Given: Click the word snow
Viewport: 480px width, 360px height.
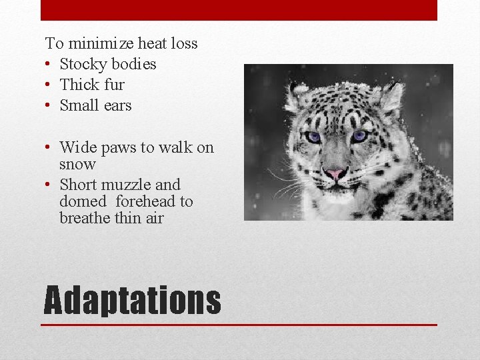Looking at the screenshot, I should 77,164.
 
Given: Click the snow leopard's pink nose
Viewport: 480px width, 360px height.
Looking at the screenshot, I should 335,173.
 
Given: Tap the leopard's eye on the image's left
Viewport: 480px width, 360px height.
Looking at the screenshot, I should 312,137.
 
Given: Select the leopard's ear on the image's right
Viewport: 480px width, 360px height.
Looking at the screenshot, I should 392,95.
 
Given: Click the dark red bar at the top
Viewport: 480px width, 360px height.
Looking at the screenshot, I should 239,10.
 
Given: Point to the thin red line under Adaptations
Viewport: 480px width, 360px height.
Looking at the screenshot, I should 239,325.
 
